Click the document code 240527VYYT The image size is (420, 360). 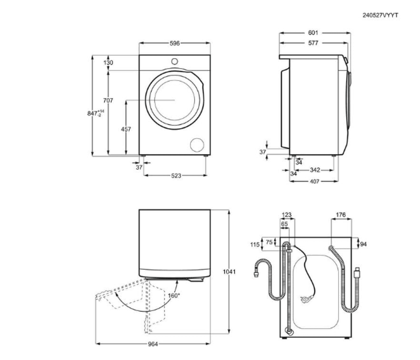coord(380,15)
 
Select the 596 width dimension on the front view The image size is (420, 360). coord(174,43)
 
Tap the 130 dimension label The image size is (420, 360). coord(108,63)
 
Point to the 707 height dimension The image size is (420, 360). coord(108,100)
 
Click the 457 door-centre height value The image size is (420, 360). coord(126,129)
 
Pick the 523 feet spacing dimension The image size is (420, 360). coord(176,176)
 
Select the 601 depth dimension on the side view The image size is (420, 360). coord(313,32)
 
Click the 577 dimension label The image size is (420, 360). coord(313,43)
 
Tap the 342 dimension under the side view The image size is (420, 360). coord(315,170)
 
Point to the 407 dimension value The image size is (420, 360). coord(314,181)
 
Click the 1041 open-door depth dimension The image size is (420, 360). coord(229,272)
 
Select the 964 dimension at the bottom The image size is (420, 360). coord(153,344)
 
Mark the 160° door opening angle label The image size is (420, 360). coord(173,295)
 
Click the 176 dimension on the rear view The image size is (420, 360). coord(341,215)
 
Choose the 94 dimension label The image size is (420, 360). coord(363,244)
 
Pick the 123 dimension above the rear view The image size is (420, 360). coord(286,215)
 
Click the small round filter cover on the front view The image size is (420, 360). coord(197,145)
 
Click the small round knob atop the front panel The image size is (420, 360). coord(174,61)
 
